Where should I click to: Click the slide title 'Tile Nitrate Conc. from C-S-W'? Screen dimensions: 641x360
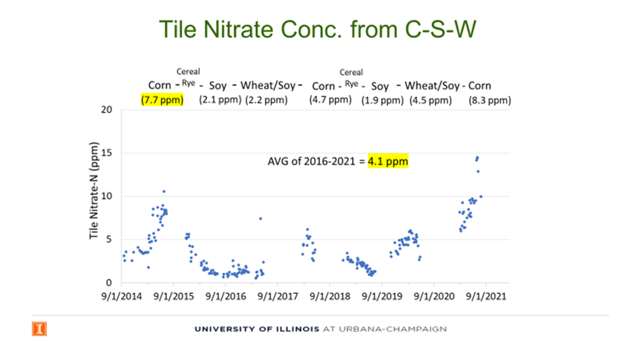click(x=318, y=29)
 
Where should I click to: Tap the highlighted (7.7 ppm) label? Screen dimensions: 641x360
click(x=162, y=100)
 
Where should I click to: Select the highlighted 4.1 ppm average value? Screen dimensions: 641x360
click(x=388, y=161)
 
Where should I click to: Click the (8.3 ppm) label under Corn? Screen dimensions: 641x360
click(x=490, y=100)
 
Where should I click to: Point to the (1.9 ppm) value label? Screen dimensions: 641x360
click(x=382, y=100)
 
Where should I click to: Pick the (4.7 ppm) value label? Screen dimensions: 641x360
click(x=330, y=100)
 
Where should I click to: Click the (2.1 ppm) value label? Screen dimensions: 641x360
click(x=220, y=100)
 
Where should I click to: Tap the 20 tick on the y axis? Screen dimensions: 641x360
click(x=106, y=109)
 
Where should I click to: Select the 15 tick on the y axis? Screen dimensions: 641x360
click(x=106, y=153)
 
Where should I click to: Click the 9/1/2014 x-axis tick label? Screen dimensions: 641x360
click(x=121, y=297)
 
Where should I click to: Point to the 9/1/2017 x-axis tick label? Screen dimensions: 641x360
click(x=278, y=297)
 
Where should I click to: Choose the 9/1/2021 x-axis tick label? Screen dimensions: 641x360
click(x=486, y=297)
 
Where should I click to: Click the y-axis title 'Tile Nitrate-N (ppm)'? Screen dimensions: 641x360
click(x=93, y=190)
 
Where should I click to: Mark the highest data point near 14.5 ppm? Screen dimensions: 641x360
click(x=477, y=157)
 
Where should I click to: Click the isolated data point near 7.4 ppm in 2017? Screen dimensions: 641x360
click(x=260, y=218)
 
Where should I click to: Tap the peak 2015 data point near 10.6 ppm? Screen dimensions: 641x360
click(x=164, y=191)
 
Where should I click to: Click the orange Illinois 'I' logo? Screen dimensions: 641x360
click(x=39, y=329)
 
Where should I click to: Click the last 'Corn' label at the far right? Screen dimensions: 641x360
click(x=480, y=86)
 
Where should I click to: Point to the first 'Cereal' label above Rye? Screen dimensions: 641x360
click(x=188, y=72)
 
